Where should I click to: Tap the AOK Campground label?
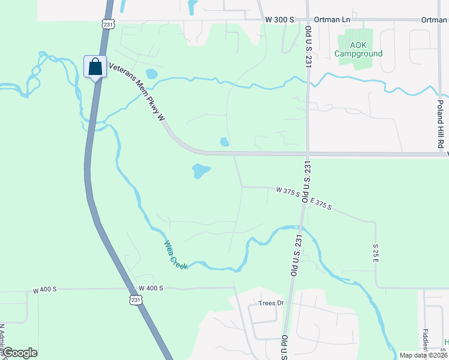click(x=358, y=49)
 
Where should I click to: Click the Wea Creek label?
click(x=176, y=254)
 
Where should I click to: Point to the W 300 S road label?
click(x=280, y=20)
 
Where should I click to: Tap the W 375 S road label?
click(x=288, y=191)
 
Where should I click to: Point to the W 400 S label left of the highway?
click(x=44, y=290)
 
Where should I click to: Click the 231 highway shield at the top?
click(x=107, y=24)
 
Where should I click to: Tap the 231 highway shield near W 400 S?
click(x=137, y=299)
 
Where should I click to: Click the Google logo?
click(x=19, y=353)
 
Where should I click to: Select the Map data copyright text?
click(x=423, y=355)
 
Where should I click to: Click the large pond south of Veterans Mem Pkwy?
click(x=200, y=171)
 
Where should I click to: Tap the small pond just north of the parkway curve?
click(x=224, y=142)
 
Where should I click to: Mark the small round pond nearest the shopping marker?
click(x=151, y=74)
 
